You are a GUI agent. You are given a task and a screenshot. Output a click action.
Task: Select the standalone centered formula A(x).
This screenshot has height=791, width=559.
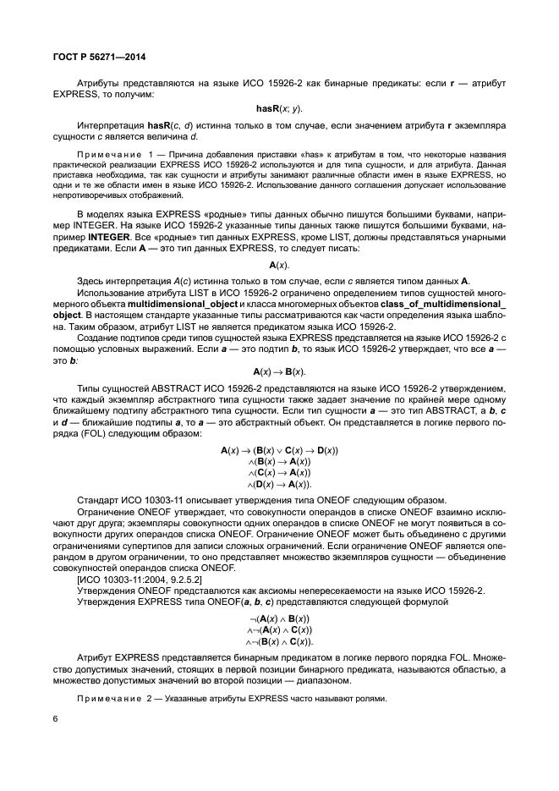pyautogui.click(x=279, y=266)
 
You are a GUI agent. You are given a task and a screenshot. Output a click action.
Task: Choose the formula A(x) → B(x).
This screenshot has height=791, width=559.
pyautogui.click(x=279, y=371)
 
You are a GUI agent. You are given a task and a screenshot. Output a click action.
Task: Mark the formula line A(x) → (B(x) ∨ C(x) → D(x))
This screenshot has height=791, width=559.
pyautogui.click(x=279, y=451)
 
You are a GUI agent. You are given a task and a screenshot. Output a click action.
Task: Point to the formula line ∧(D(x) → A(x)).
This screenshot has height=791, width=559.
pyautogui.click(x=279, y=485)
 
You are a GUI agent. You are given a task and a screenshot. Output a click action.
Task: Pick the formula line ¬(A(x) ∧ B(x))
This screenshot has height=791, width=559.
pyautogui.click(x=279, y=618)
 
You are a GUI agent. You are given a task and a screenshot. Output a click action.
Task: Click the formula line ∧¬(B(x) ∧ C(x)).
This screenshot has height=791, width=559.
pyautogui.click(x=279, y=642)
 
